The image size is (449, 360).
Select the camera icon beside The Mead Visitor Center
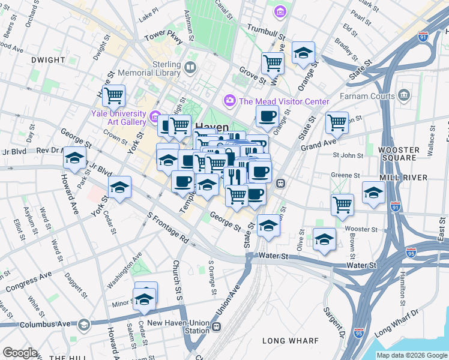tap(229, 101)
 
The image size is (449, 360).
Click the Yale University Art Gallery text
tap(118, 118)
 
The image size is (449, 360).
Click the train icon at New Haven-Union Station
tap(216, 327)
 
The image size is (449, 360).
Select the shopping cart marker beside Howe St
tap(113, 95)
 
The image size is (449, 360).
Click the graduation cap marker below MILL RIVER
tap(373, 193)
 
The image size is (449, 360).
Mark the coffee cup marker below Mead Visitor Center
tap(267, 115)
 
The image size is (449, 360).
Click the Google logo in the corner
tap(20, 353)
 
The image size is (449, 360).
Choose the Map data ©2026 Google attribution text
tap(412, 355)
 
